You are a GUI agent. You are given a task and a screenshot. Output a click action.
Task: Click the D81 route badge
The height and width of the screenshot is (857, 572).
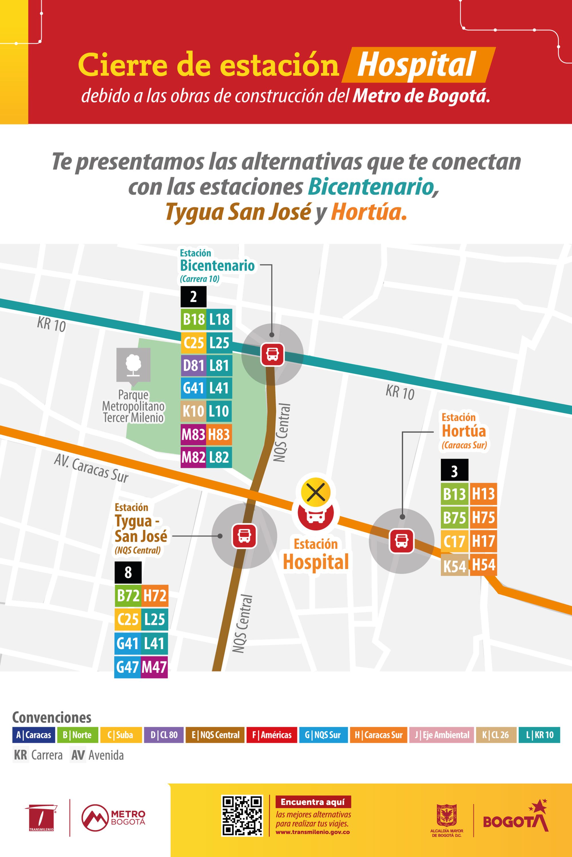(193, 365)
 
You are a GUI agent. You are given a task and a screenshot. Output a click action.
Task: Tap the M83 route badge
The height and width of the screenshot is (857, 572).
(193, 434)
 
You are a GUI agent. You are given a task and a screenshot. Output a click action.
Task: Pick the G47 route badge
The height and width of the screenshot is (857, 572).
(127, 667)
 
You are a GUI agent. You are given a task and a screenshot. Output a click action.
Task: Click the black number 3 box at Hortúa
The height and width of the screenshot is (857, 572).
(454, 471)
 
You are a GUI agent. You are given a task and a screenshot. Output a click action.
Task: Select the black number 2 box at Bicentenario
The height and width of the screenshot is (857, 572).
(193, 297)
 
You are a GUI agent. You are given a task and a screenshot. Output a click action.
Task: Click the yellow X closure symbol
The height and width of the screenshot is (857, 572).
(315, 493)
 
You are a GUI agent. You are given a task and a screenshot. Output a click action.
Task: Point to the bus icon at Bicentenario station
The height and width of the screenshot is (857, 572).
(272, 354)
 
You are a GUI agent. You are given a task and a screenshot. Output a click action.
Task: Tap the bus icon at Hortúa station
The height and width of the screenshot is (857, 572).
(402, 541)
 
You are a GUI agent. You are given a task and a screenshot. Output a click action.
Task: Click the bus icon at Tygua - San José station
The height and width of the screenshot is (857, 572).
(244, 536)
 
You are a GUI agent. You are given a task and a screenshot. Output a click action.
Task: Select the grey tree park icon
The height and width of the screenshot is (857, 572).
(133, 365)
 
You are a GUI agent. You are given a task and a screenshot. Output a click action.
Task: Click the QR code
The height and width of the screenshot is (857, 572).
(242, 816)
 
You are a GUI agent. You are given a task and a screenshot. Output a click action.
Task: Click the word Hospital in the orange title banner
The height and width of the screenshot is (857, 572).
(417, 65)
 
